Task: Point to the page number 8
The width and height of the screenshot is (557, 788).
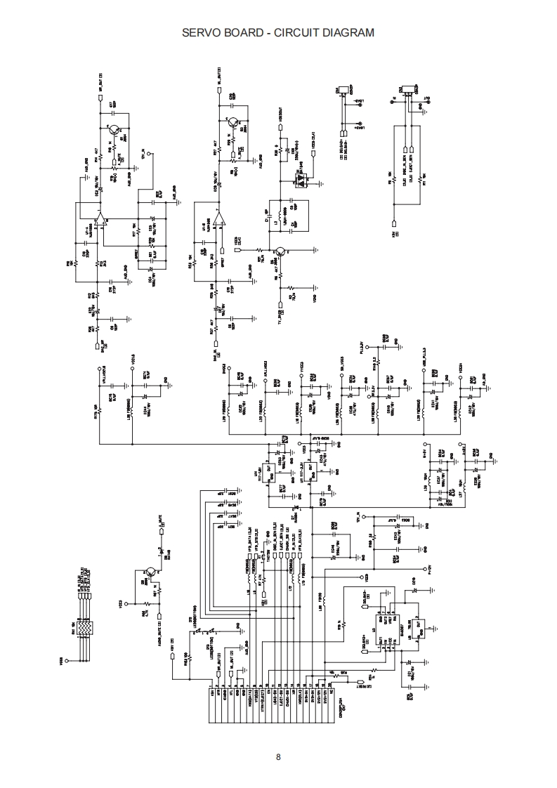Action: point(278,756)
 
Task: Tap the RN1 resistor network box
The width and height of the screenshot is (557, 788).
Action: point(84,627)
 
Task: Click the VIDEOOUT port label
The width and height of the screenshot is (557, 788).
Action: point(280,114)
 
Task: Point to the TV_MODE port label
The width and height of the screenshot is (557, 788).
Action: point(280,310)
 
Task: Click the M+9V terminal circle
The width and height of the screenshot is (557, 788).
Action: point(425,446)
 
